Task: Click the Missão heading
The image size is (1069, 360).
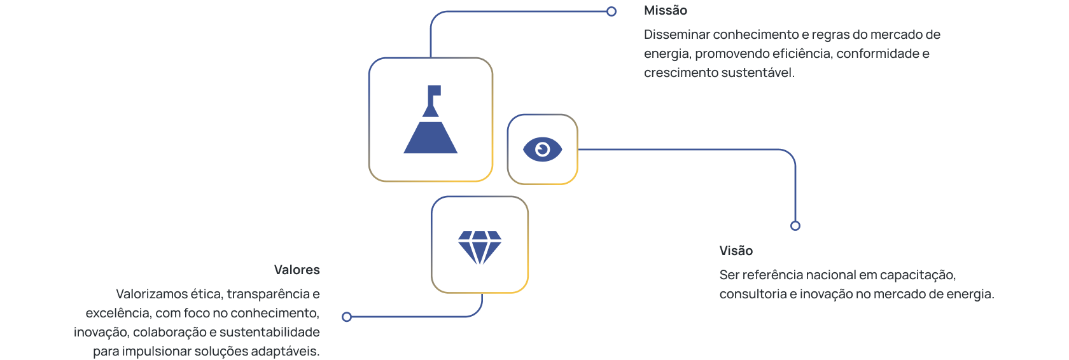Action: pos(665,11)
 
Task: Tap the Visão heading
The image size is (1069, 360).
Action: pos(736,251)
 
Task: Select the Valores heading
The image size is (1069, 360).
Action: pos(297,270)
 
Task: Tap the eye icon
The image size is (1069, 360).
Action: pos(542,149)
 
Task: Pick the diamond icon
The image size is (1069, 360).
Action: pos(480,247)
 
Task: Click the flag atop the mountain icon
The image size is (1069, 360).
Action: pos(435,91)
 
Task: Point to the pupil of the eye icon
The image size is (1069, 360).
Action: pos(542,149)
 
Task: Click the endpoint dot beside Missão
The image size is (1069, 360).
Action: pos(611,11)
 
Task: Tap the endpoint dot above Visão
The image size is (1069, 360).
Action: pos(795,226)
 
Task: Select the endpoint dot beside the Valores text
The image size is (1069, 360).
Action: pos(347,317)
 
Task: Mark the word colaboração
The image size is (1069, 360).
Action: pos(169,332)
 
